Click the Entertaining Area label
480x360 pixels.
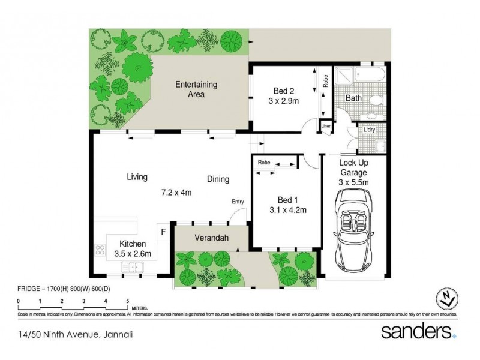[196, 89]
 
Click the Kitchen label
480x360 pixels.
[133, 244]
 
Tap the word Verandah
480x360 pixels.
[209, 237]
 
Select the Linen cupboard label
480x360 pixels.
[326, 127]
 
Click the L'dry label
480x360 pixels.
[370, 130]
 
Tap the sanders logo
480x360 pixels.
[415, 332]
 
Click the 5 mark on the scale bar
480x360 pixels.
[128, 300]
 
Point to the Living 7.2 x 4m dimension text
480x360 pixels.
[176, 193]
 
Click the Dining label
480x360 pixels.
[218, 178]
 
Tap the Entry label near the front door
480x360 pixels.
[238, 202]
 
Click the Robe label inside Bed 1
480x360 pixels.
[263, 163]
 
